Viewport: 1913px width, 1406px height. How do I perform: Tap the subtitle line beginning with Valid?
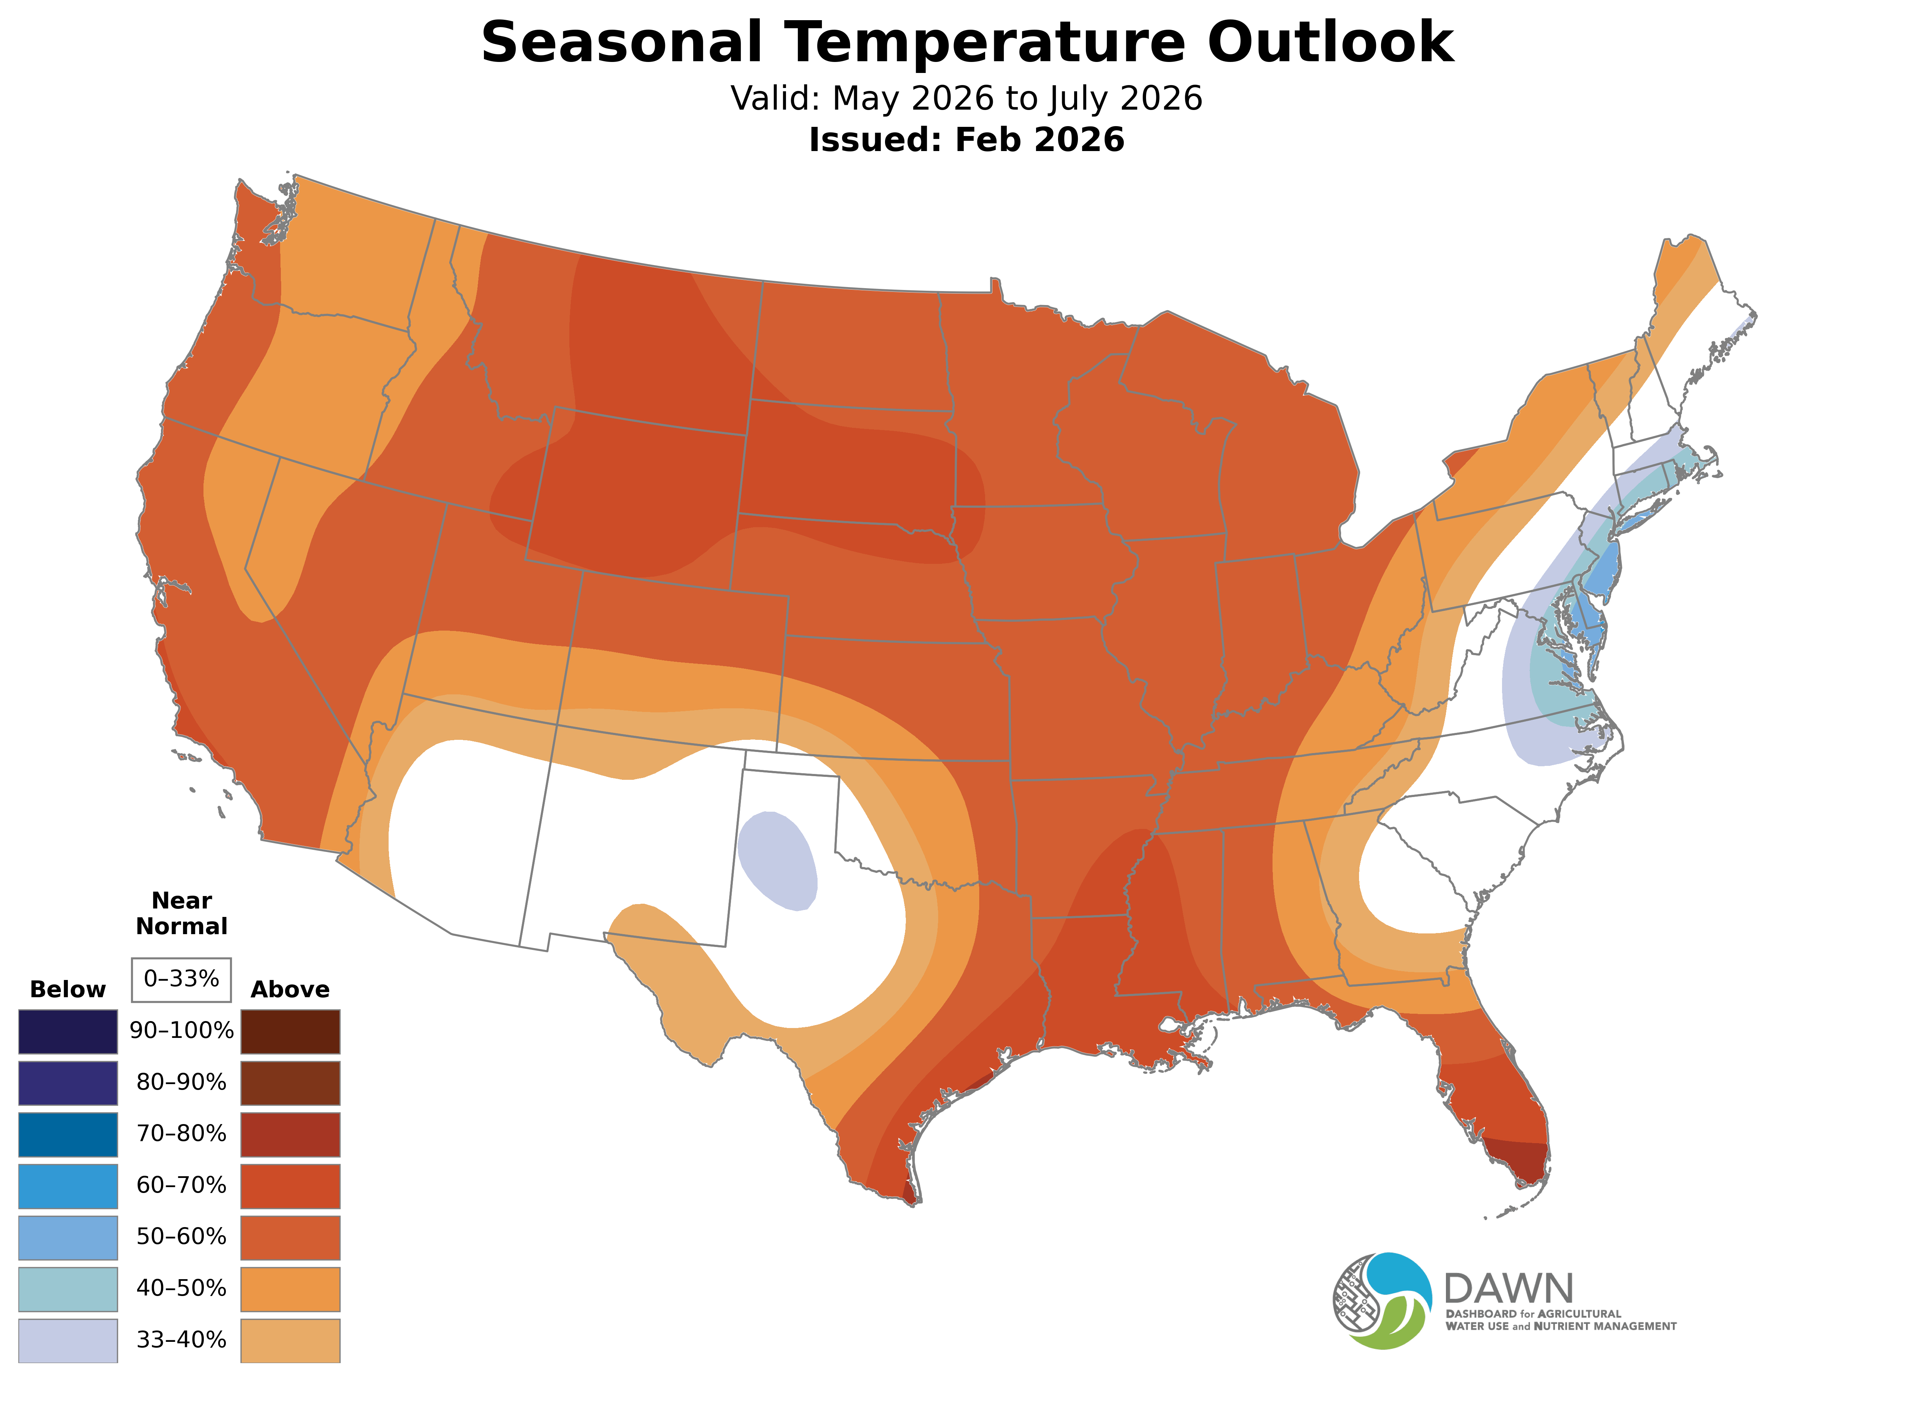[x=966, y=99]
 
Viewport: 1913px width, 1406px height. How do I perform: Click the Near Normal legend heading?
[x=181, y=913]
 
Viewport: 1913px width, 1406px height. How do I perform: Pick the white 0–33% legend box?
[x=181, y=980]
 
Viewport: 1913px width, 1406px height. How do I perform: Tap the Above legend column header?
[x=290, y=990]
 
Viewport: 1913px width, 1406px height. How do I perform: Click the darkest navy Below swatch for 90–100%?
[x=68, y=1032]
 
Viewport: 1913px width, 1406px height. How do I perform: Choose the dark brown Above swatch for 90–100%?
[x=290, y=1032]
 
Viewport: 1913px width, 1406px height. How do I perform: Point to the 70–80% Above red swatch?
[x=290, y=1134]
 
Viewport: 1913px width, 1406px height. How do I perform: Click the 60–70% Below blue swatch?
[x=68, y=1186]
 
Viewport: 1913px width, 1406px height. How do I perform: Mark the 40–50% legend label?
[x=181, y=1289]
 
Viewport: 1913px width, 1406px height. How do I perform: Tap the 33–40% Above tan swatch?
[x=290, y=1340]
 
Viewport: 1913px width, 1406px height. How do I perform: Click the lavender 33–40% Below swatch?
[x=68, y=1340]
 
